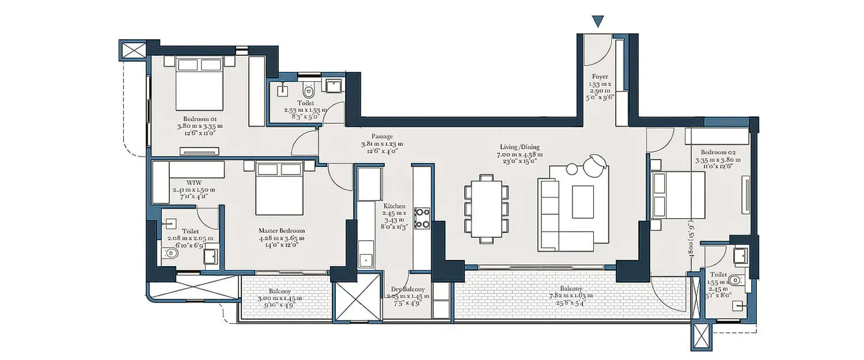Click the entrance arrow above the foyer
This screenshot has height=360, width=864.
(x=598, y=22)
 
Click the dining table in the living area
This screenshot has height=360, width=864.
(x=487, y=208)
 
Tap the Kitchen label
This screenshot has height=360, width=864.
(x=395, y=206)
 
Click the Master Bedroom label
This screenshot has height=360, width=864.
(x=281, y=231)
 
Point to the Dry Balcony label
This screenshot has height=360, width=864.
(x=408, y=289)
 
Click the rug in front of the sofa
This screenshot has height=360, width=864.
(x=583, y=201)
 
